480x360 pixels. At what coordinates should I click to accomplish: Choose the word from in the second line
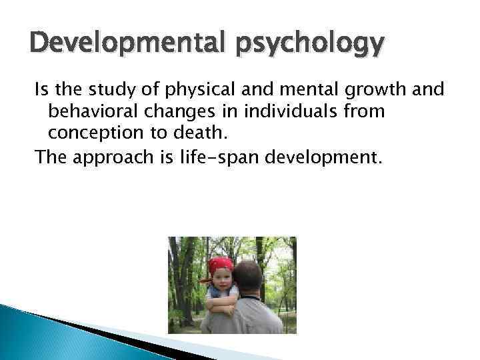click(x=363, y=112)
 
